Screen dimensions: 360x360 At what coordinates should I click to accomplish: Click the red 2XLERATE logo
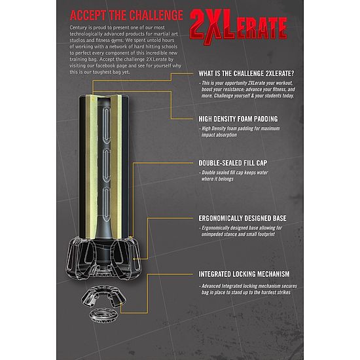point(238,27)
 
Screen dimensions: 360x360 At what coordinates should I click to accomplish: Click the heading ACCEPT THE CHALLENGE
point(126,16)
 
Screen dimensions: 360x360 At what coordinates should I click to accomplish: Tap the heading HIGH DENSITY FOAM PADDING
point(238,119)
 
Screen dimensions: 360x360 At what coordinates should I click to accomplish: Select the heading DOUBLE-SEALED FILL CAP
point(233,163)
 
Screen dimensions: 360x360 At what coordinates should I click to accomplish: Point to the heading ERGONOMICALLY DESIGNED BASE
point(242,218)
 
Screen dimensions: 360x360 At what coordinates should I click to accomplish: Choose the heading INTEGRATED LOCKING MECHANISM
point(244,274)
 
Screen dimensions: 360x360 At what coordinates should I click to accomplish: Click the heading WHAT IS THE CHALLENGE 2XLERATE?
point(246,73)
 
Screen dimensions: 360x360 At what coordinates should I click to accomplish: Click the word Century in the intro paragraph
point(79,27)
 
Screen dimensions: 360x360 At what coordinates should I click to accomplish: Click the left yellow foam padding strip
point(92,167)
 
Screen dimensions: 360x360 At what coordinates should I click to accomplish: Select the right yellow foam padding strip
point(116,167)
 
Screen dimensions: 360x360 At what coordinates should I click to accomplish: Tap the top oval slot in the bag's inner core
point(106,125)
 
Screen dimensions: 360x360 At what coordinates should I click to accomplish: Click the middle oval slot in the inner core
point(106,165)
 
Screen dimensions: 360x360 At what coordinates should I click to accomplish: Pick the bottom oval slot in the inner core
point(106,204)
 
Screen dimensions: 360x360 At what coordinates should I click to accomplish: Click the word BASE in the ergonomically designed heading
point(279,218)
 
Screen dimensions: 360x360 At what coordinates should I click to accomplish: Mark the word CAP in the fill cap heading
point(262,163)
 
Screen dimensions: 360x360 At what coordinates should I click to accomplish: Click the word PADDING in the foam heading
point(266,119)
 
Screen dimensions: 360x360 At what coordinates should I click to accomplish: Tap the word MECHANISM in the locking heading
point(274,274)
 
